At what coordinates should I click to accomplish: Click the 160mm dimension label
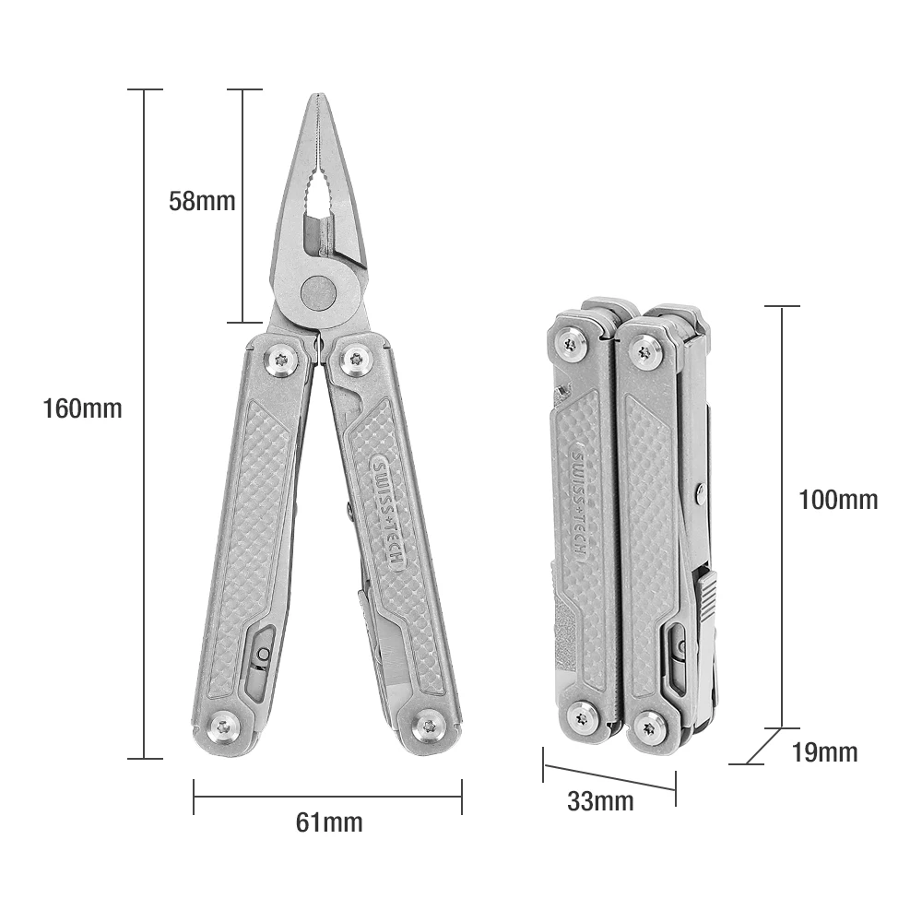click(82, 408)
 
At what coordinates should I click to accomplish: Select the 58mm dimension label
click(202, 201)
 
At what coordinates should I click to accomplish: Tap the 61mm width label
click(329, 822)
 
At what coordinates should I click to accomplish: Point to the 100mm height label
click(837, 500)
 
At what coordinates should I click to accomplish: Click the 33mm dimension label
click(600, 801)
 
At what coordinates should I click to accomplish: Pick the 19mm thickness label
click(824, 752)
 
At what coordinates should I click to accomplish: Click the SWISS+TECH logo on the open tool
click(386, 513)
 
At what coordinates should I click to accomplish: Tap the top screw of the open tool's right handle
click(356, 359)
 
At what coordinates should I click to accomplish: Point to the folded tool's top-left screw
click(571, 345)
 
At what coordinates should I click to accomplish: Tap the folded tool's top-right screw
click(645, 350)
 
